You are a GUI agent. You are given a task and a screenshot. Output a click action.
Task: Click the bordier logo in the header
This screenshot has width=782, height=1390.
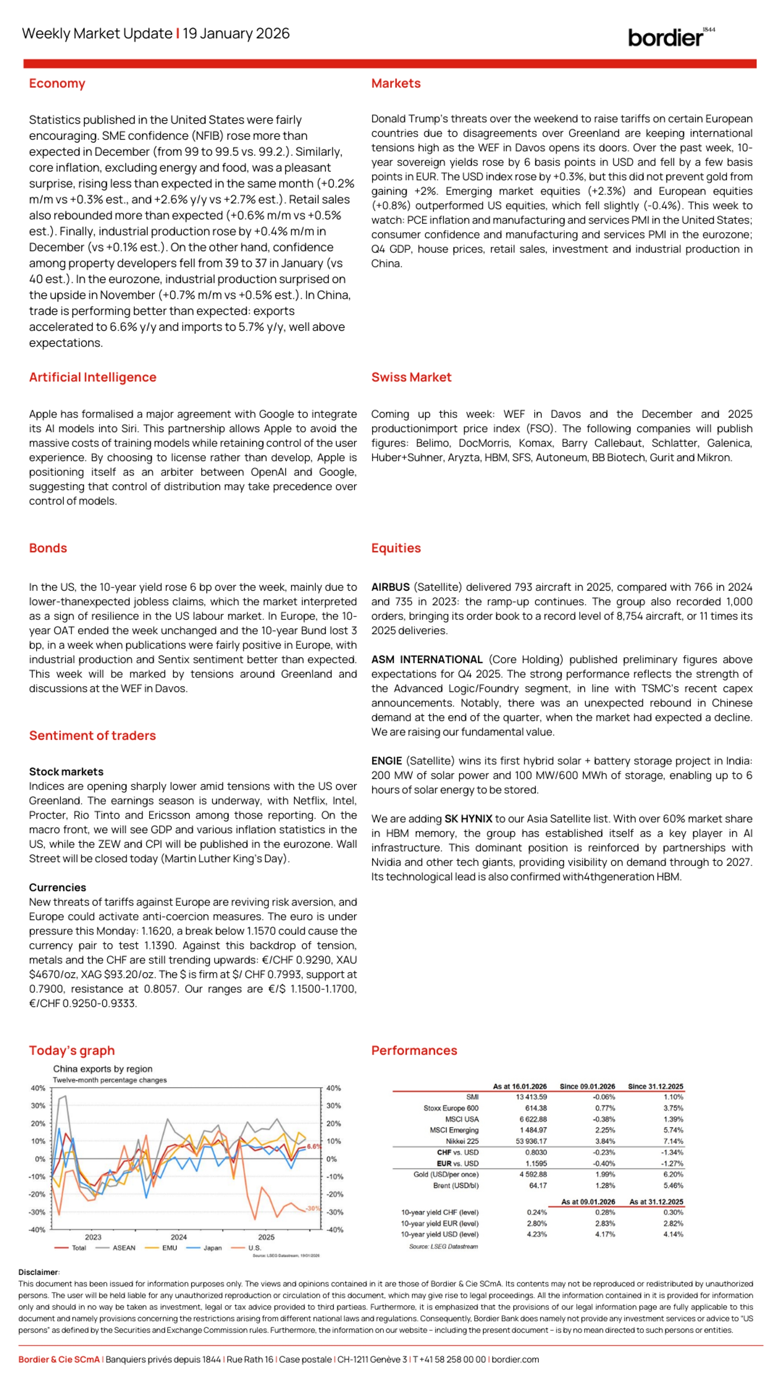(670, 37)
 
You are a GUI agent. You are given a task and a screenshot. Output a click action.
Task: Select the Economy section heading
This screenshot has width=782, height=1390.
(57, 83)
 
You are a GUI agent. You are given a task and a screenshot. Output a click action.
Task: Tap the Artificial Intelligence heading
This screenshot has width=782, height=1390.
(93, 377)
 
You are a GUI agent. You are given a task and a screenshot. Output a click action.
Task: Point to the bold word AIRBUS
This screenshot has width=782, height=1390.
(390, 587)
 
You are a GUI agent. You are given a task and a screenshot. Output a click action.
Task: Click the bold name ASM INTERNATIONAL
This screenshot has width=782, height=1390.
(426, 660)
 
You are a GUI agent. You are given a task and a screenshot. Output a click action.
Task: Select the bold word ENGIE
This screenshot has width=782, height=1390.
(387, 761)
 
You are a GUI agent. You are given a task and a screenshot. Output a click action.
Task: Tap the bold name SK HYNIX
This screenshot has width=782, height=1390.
(468, 818)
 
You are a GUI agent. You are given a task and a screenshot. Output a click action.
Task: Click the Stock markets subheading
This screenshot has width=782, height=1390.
(66, 772)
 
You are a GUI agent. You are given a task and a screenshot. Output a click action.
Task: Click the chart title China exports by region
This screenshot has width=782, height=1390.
(103, 1069)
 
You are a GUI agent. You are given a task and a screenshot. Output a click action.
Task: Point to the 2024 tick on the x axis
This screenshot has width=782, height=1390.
(179, 1237)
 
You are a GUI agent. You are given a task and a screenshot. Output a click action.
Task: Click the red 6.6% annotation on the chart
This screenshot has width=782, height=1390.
(314, 1147)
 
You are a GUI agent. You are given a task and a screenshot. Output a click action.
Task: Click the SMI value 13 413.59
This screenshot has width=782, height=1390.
(531, 1097)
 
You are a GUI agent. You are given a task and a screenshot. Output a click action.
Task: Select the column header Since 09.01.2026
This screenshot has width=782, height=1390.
(587, 1086)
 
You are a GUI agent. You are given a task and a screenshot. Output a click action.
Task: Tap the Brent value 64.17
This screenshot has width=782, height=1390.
(538, 1186)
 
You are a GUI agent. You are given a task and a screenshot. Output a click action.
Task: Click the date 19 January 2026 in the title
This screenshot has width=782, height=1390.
(236, 33)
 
